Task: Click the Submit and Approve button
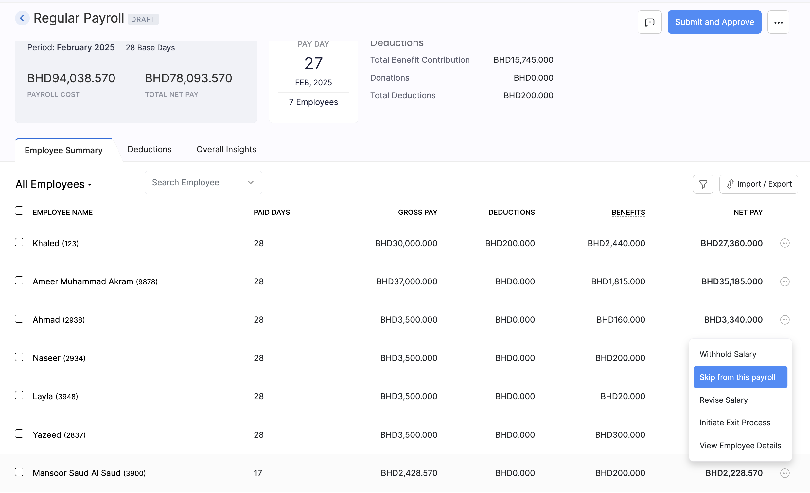click(x=714, y=22)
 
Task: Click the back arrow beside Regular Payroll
click(x=22, y=18)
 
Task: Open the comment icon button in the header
click(x=649, y=22)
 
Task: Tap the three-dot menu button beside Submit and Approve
click(x=778, y=22)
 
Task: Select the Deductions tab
click(x=149, y=149)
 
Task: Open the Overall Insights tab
click(x=226, y=149)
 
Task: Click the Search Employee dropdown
click(x=203, y=182)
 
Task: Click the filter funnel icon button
click(x=703, y=184)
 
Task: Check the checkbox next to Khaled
click(x=19, y=242)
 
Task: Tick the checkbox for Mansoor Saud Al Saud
click(x=19, y=472)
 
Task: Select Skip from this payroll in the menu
click(x=740, y=377)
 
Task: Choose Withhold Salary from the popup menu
click(x=728, y=354)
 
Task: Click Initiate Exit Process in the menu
click(x=734, y=422)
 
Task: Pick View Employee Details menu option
click(x=740, y=445)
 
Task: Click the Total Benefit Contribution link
click(x=420, y=60)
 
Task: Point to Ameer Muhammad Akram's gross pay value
click(x=407, y=281)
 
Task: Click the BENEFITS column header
click(x=628, y=212)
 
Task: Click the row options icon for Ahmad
click(x=784, y=320)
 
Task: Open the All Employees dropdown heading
click(x=54, y=184)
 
